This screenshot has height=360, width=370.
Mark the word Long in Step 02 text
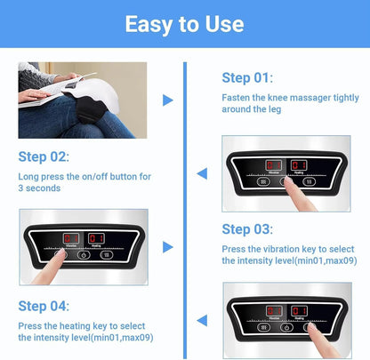[28, 177]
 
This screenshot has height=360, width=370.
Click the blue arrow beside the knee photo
[168, 100]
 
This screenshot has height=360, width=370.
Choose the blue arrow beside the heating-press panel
[202, 319]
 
